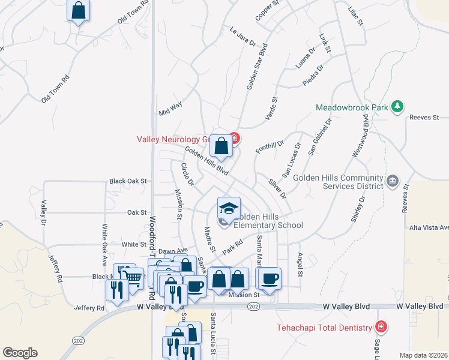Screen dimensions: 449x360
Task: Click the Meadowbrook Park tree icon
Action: click(396, 107)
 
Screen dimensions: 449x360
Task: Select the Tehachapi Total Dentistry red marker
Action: click(379, 327)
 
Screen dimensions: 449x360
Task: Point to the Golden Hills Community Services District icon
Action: click(392, 180)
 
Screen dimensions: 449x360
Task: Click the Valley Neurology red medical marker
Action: click(234, 139)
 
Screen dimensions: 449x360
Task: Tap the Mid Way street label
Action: click(170, 109)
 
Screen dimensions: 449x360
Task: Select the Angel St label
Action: click(300, 260)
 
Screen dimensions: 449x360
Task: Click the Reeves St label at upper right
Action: click(424, 118)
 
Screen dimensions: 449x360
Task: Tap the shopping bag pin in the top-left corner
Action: click(78, 10)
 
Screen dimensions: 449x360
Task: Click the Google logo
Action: click(20, 353)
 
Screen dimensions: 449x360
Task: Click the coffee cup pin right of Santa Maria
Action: click(270, 278)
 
